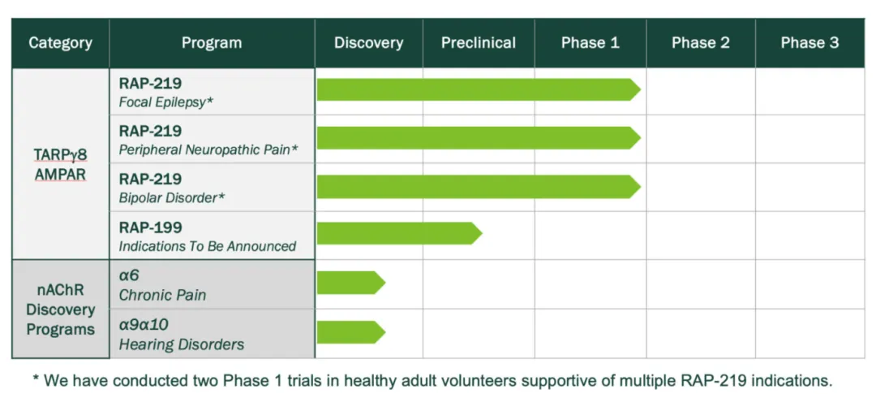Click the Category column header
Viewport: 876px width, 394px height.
click(x=60, y=43)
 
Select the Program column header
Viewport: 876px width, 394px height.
click(x=212, y=43)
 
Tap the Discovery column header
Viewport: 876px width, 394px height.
click(x=369, y=43)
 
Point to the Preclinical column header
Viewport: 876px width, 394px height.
click(x=479, y=43)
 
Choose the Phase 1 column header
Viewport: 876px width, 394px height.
click(x=590, y=43)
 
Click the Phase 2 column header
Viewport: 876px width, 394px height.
click(x=701, y=43)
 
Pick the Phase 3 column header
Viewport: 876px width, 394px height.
click(x=810, y=43)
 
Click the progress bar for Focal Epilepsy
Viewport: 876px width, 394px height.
click(x=479, y=90)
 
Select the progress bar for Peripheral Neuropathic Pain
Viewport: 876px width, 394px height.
click(x=479, y=138)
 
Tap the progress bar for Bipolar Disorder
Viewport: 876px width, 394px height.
click(x=479, y=186)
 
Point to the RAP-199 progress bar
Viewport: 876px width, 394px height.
click(x=399, y=233)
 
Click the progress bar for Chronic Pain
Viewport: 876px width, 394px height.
click(x=351, y=283)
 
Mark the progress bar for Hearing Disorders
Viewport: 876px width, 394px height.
click(x=351, y=332)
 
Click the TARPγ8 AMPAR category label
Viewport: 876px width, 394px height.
click(x=60, y=164)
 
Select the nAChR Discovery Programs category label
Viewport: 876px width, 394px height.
click(x=60, y=310)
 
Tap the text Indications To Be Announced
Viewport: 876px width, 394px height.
click(x=208, y=246)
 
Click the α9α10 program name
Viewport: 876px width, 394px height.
click(x=144, y=325)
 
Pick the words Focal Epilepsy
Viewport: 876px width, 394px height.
click(x=166, y=103)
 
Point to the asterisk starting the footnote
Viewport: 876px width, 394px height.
click(x=36, y=379)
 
